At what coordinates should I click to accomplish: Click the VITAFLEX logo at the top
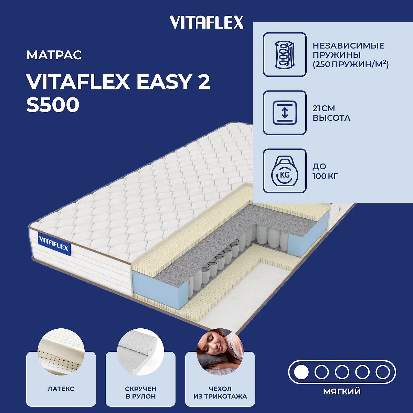click(206, 23)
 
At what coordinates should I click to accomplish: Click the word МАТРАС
click(54, 55)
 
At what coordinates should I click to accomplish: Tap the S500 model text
click(53, 105)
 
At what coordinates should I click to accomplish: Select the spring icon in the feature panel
click(285, 54)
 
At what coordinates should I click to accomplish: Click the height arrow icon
click(285, 113)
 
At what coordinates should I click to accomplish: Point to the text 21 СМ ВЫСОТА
click(331, 113)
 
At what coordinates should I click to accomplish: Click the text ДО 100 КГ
click(325, 171)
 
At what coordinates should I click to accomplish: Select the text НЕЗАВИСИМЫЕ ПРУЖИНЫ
click(348, 50)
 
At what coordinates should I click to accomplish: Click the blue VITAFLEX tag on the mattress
click(54, 244)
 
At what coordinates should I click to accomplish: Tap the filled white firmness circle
click(301, 372)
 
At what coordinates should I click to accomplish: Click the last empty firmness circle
click(383, 372)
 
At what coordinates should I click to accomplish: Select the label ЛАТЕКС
click(61, 389)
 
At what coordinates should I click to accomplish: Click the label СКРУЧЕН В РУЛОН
click(141, 392)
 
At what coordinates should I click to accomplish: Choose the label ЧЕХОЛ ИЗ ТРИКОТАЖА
click(220, 392)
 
